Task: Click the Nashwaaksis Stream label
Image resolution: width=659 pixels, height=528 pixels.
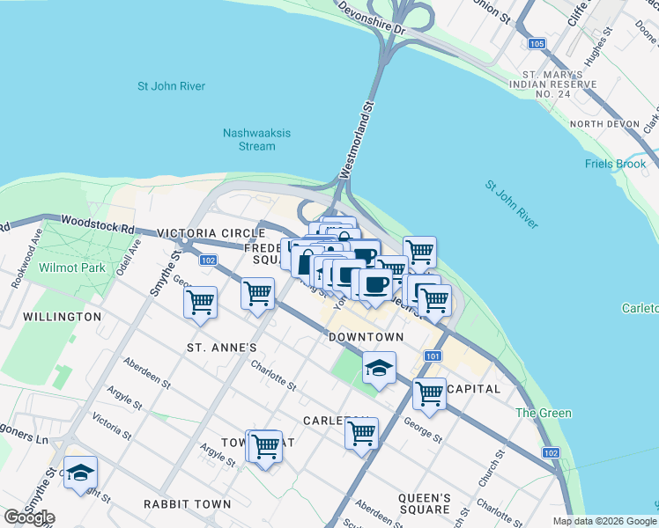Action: coord(256,139)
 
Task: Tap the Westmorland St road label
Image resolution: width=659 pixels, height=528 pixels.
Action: coord(368,128)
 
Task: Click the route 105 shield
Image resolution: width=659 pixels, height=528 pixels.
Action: coord(537,43)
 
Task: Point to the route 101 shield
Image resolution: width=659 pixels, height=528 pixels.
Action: coord(432,356)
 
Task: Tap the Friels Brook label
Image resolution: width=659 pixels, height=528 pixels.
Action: coord(616,164)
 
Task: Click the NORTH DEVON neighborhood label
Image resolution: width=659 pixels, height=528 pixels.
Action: coord(603,124)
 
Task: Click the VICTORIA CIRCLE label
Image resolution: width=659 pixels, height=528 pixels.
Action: coord(211,233)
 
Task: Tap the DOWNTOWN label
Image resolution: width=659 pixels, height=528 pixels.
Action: coord(366,337)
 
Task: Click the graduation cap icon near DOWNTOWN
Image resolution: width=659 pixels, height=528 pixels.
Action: coord(379,368)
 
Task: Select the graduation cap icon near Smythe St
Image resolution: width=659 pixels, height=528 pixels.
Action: coord(80,473)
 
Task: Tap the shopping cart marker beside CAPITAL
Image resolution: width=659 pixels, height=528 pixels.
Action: coord(429,393)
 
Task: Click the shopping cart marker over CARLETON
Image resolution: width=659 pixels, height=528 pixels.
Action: coord(361,433)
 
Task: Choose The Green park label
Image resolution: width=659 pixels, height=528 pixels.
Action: coord(544,413)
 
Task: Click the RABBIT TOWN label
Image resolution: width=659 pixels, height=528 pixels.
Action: coord(188,504)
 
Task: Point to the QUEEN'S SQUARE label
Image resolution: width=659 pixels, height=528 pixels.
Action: coord(425,503)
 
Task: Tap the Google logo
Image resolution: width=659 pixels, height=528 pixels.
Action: coord(29,517)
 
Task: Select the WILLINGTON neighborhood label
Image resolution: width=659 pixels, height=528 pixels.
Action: coord(62,316)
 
